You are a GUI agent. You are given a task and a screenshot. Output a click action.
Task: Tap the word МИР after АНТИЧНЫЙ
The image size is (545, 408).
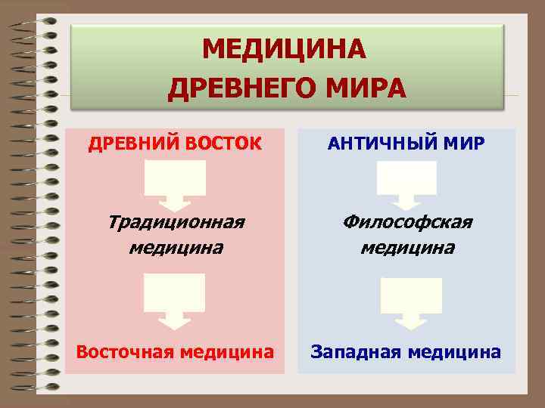point(463,144)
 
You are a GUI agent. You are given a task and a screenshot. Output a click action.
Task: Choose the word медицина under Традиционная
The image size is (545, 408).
point(176,247)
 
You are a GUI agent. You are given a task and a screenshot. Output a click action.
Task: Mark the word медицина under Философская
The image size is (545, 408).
point(407,247)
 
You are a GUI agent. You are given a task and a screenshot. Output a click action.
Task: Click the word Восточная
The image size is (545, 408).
point(123,351)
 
